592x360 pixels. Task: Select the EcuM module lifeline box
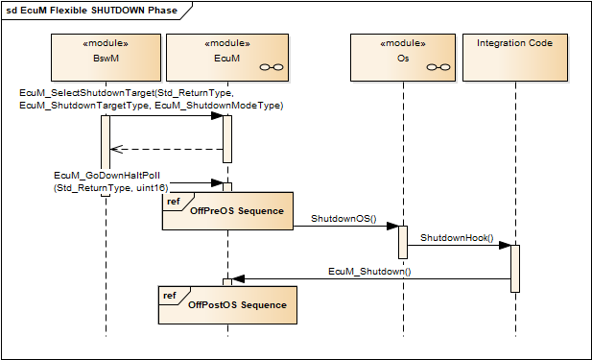tap(228, 57)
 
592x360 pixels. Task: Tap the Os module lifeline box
tap(403, 57)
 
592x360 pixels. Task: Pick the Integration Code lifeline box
tap(515, 57)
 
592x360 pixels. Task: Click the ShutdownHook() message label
tap(456, 237)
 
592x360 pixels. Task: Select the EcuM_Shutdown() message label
tap(369, 272)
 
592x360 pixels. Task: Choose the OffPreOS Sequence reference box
tap(226, 211)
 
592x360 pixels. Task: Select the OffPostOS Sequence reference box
tap(226, 304)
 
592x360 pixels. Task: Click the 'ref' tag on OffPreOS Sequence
tap(172, 201)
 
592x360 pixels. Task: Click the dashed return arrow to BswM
tap(167, 149)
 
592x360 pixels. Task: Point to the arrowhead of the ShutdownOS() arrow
tap(392, 227)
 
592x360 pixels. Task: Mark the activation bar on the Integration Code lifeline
tap(515, 268)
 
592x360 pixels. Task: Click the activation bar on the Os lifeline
tap(403, 241)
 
